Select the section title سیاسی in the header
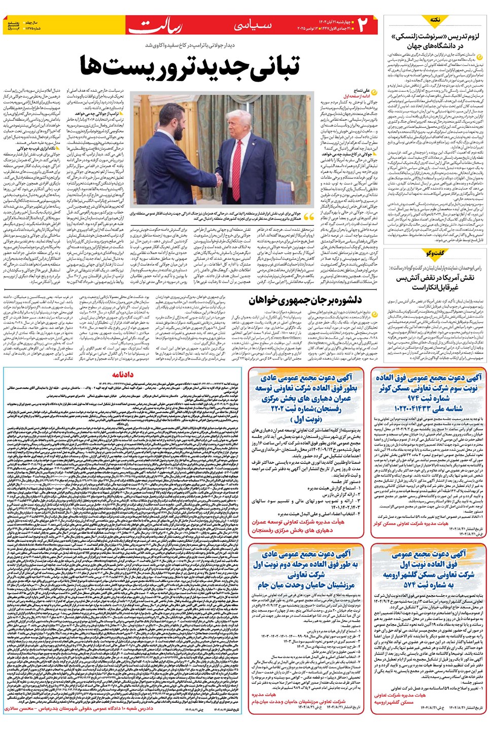[254, 25]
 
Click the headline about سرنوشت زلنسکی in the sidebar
[435, 41]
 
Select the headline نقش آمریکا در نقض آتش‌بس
[435, 282]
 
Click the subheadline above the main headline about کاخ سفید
[197, 46]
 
